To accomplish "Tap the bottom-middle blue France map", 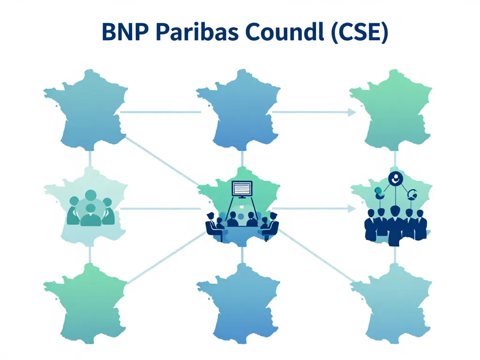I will coord(239,305).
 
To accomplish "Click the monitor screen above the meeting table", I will coord(242,188).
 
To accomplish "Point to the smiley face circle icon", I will coord(396,178).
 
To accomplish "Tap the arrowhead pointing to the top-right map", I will coord(350,112).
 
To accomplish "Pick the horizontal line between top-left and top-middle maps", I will coord(160,112).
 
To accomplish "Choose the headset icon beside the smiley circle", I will coord(413,194).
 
